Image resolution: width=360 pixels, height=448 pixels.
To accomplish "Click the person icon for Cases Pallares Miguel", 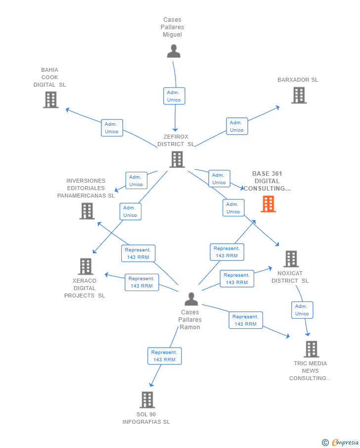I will tap(174, 51).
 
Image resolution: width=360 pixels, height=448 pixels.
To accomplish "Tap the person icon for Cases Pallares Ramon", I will tap(191, 299).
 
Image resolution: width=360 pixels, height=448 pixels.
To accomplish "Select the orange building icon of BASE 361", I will tap(268, 204).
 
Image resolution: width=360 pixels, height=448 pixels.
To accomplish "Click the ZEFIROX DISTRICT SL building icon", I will tap(177, 159).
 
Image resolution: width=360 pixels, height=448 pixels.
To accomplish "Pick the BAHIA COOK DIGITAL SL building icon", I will tap(50, 100).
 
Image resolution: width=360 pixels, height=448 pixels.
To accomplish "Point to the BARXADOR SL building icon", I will tap(299, 95).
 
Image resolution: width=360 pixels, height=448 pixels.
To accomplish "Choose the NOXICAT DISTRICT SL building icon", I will tap(291, 258).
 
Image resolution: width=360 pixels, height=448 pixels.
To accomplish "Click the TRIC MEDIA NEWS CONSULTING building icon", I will tap(311, 349).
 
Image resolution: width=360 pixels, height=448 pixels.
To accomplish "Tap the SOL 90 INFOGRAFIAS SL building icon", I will tap(147, 399).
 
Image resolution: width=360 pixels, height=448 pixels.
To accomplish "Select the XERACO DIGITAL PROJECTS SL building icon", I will tap(86, 266).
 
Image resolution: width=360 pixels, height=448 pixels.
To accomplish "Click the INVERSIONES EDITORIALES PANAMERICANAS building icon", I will tap(87, 211).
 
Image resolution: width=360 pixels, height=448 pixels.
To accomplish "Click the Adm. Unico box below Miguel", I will tap(174, 96).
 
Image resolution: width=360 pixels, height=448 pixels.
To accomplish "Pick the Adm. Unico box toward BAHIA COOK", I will tap(112, 128).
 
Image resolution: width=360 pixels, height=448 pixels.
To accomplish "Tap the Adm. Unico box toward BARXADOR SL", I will tap(237, 126).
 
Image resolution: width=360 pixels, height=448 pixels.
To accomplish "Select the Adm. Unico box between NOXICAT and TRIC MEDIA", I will tap(302, 310).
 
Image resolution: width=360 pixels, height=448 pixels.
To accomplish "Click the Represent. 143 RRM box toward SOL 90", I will tap(164, 356).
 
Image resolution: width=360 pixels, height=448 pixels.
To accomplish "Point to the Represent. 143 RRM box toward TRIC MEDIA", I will tap(245, 320).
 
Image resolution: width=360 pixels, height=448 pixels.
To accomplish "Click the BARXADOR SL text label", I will tap(298, 80).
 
